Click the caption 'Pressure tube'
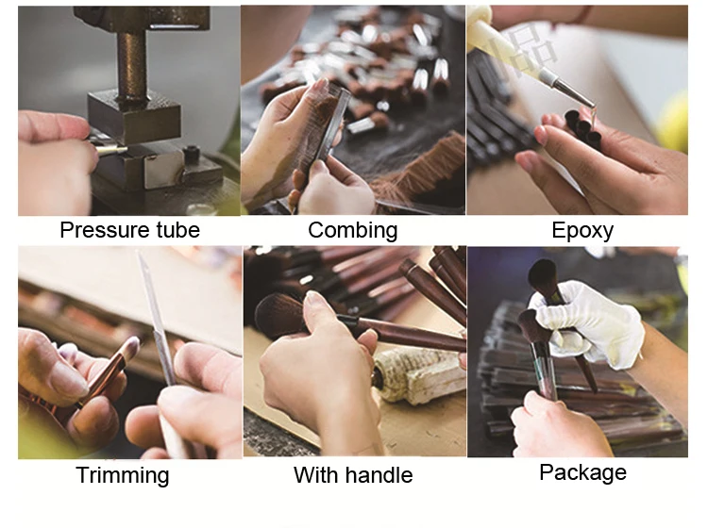(x=129, y=230)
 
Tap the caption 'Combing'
(x=353, y=230)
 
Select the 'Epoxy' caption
(x=582, y=231)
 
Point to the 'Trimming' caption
(x=123, y=476)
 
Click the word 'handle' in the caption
(x=379, y=475)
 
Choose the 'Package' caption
(x=583, y=473)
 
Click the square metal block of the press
(x=134, y=116)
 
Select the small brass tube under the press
(x=110, y=150)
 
